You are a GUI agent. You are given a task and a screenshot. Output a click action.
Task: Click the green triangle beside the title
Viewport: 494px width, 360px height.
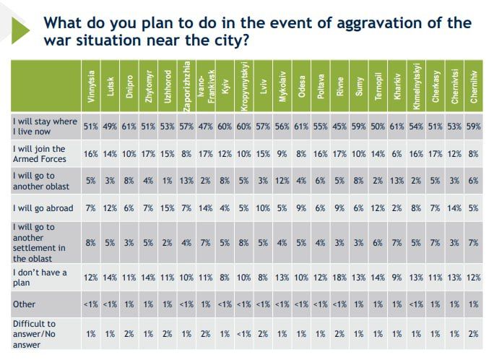(19, 30)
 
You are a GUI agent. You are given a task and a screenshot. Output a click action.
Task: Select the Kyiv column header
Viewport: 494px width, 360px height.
(225, 86)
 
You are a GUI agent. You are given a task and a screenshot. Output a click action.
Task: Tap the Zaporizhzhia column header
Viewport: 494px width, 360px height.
(186, 86)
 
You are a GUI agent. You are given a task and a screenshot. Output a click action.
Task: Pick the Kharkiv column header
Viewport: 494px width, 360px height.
(396, 86)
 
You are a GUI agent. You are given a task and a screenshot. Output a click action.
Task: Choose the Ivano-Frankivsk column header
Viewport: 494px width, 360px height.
(206, 86)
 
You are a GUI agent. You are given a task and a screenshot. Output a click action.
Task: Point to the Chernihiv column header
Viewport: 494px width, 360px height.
(473, 86)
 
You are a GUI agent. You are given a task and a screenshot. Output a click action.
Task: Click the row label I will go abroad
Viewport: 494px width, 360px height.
(43, 208)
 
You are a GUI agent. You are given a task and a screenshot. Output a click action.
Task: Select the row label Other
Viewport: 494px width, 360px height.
(24, 304)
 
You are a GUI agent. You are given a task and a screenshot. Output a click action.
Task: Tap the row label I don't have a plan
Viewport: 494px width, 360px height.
(40, 278)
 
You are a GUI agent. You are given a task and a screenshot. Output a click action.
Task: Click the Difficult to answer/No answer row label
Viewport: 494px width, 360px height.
(35, 334)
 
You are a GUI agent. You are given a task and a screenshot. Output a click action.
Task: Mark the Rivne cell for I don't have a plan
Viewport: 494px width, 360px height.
(339, 278)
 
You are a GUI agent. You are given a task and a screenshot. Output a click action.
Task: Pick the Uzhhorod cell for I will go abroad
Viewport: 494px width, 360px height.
(167, 208)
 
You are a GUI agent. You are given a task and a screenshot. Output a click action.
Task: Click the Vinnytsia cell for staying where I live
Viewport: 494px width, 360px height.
(91, 127)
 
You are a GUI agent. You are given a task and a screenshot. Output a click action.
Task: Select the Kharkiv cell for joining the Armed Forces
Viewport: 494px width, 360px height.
(396, 154)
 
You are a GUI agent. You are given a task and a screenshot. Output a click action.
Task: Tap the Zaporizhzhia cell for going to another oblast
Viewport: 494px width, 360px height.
(186, 181)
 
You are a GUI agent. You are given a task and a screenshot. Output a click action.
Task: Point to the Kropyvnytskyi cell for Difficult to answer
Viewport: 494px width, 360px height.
(243, 334)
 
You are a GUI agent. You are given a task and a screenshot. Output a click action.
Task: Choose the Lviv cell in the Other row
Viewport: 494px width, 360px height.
(263, 304)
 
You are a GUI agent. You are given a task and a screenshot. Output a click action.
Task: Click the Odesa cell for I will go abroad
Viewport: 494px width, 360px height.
(301, 208)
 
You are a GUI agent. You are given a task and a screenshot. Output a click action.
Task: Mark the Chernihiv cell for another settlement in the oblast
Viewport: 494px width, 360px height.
(473, 243)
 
